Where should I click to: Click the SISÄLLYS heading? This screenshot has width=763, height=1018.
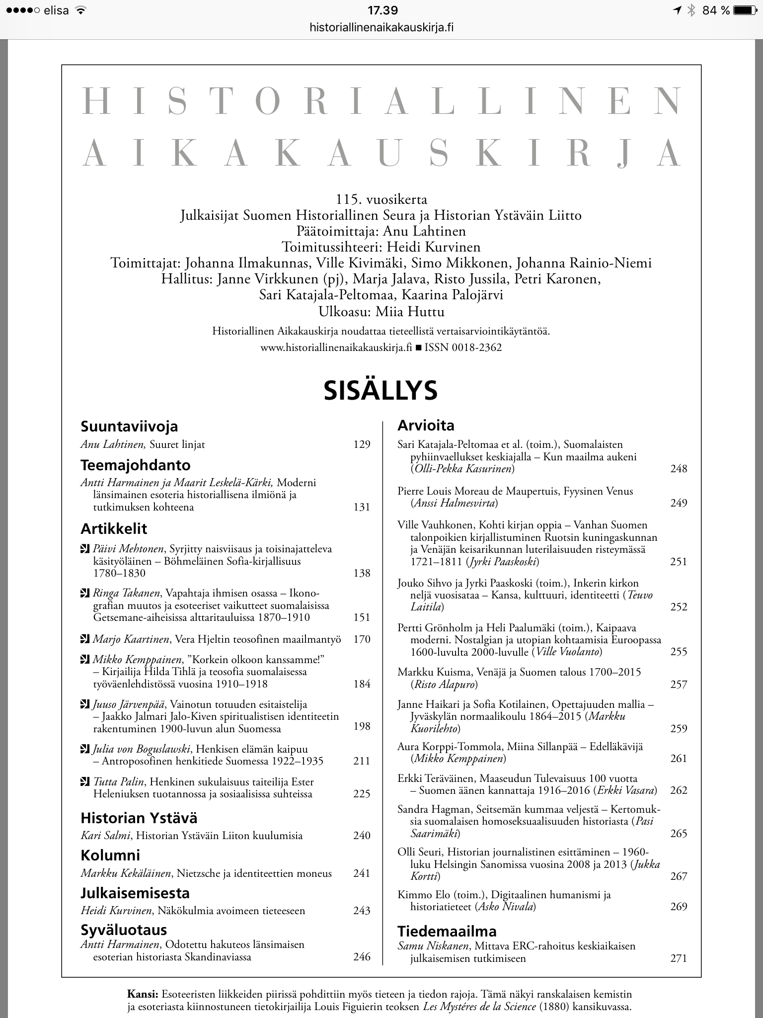(381, 390)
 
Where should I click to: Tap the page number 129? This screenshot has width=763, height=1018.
(362, 444)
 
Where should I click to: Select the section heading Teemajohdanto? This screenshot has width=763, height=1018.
(136, 465)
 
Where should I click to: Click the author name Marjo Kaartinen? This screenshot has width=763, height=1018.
(128, 639)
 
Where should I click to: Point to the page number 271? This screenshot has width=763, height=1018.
(679, 958)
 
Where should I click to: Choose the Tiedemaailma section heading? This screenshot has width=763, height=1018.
(447, 931)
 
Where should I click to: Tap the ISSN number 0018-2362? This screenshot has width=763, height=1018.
(477, 347)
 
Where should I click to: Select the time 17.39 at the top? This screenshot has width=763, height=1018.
(382, 10)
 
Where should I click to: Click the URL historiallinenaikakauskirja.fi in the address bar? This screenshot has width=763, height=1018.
(381, 27)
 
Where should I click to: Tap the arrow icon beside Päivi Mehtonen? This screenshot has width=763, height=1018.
(85, 549)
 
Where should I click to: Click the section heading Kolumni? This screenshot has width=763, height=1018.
(110, 855)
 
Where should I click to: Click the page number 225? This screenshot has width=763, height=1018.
(362, 794)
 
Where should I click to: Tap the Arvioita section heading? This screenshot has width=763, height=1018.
(426, 425)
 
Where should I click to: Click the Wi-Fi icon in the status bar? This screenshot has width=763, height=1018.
(79, 10)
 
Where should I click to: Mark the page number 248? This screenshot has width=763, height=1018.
(679, 468)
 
